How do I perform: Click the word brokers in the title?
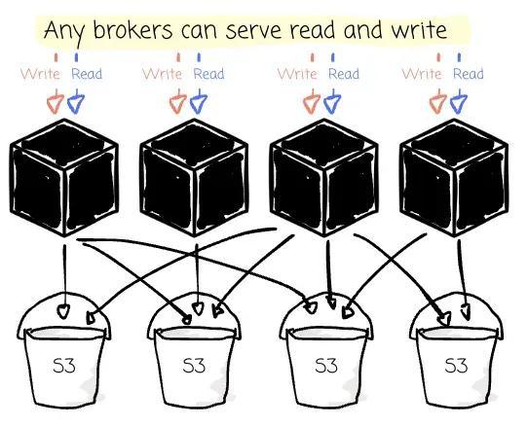(133, 29)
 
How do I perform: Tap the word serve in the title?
(253, 30)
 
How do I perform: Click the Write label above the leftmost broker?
(40, 74)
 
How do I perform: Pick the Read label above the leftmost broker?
(87, 74)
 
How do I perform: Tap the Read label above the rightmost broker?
(468, 74)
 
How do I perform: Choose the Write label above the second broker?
(162, 74)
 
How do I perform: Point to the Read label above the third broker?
(344, 74)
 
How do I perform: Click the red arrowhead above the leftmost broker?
(55, 103)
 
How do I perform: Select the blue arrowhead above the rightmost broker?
(458, 103)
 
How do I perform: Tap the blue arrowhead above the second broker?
(199, 103)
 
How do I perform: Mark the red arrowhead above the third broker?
(312, 103)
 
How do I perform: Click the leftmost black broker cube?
(64, 178)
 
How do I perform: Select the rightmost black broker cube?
(454, 178)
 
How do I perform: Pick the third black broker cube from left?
(324, 178)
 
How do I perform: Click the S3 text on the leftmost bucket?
(64, 365)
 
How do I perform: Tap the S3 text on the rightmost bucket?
(456, 365)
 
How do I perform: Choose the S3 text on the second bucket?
(194, 365)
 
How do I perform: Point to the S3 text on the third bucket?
(326, 365)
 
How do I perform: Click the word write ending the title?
(419, 29)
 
